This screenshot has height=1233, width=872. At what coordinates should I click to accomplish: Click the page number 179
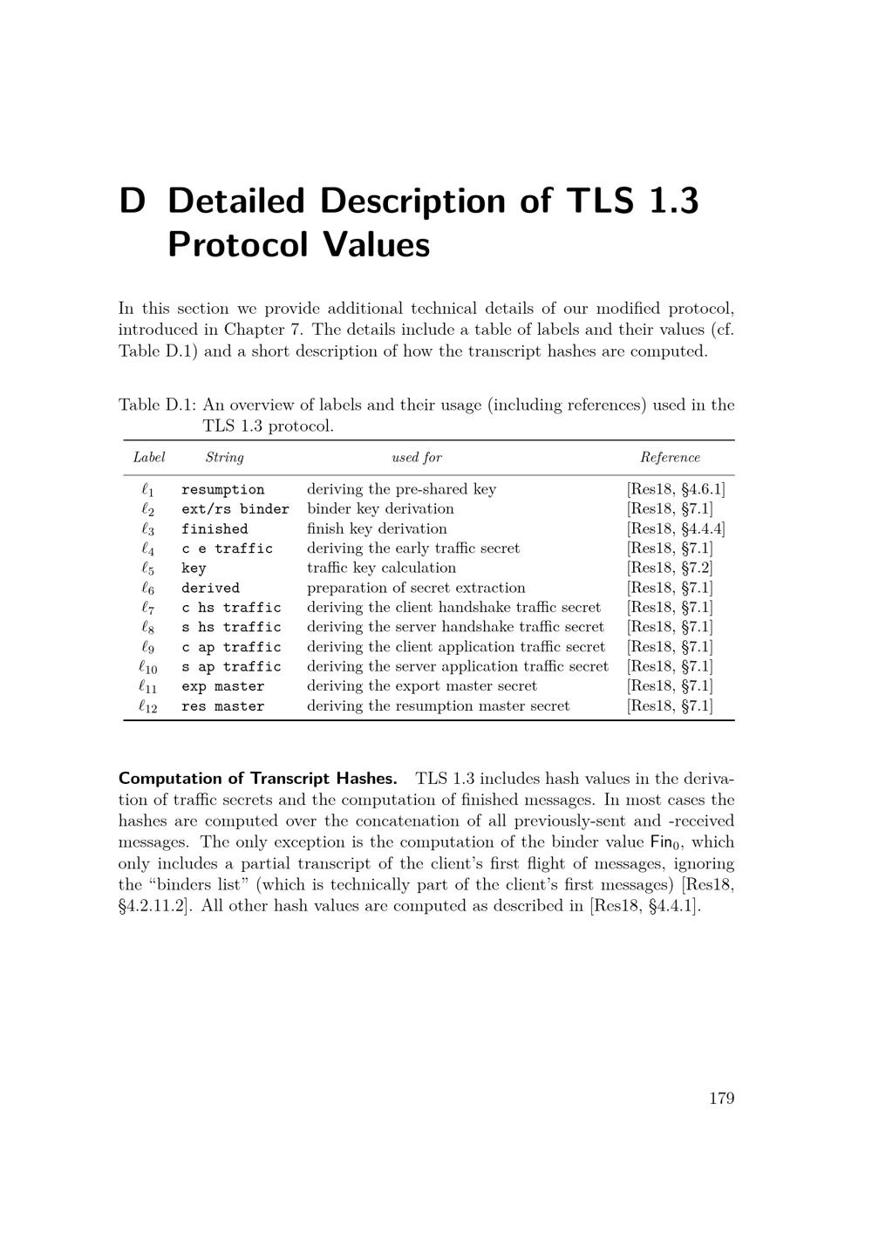tap(721, 1098)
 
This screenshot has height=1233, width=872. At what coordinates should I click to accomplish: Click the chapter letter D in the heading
tap(132, 201)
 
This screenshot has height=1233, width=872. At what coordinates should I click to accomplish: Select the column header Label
tap(149, 458)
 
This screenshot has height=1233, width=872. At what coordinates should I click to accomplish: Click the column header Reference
tap(670, 458)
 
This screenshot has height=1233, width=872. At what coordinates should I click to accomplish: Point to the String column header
tap(224, 458)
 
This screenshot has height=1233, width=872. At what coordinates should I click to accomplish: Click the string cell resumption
tap(222, 490)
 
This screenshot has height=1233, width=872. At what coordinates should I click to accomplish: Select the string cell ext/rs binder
tap(235, 509)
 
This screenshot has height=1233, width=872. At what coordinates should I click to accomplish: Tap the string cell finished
tap(215, 529)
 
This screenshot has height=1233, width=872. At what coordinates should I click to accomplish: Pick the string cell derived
tap(210, 589)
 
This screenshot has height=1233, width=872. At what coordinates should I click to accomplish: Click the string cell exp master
tap(222, 687)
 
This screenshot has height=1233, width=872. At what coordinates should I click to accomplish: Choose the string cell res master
tap(222, 707)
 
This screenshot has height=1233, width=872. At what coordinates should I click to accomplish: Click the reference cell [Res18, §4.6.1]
tap(675, 490)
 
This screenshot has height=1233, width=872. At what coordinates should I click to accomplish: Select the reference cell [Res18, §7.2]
tap(669, 569)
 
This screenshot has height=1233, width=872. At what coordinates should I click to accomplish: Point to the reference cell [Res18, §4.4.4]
tap(675, 529)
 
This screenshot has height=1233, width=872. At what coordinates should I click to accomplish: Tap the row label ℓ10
tap(148, 667)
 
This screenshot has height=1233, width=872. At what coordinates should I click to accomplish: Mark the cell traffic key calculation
tap(381, 569)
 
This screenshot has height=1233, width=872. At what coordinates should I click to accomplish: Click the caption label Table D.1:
tap(157, 405)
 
